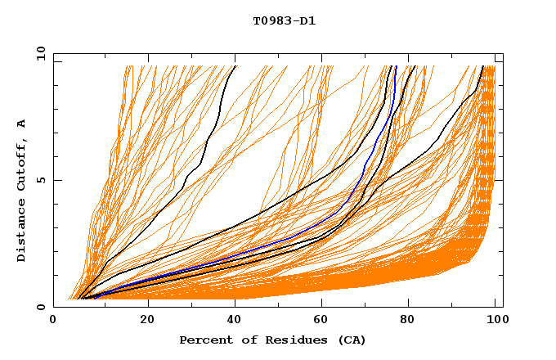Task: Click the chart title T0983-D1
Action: pos(284,21)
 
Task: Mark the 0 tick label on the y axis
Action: pos(41,307)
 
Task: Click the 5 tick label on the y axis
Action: pos(41,180)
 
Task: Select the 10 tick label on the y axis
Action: pos(38,53)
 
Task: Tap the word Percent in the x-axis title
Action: pos(204,340)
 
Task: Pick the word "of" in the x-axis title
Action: pos(246,340)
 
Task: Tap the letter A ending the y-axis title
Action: pos(22,123)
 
